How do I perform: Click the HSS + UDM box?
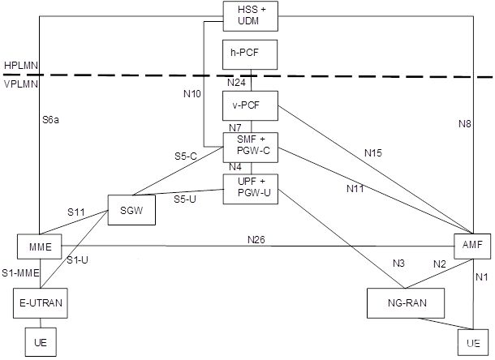(x=251, y=16)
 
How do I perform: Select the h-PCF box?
(x=251, y=55)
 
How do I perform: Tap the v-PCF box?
(x=251, y=106)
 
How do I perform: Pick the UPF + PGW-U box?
(x=251, y=186)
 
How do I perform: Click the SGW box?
(x=131, y=210)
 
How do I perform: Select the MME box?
(x=39, y=247)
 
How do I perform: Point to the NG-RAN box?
(x=407, y=303)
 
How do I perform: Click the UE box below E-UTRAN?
(x=41, y=342)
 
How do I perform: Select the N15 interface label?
(x=373, y=152)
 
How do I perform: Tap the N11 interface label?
(x=355, y=188)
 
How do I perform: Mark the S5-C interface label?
(x=186, y=156)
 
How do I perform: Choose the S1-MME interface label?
(x=18, y=272)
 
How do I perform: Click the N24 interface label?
(x=236, y=83)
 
